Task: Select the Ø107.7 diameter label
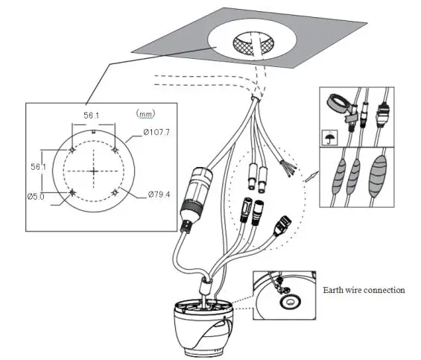(158, 133)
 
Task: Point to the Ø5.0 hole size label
(37, 197)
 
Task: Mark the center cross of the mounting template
(93, 171)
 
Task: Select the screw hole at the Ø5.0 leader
(72, 193)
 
